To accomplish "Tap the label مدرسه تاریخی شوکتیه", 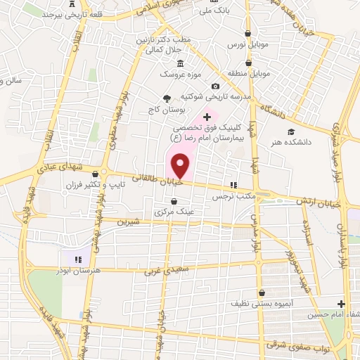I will coord(209,96).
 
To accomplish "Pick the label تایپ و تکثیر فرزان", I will coord(131,185).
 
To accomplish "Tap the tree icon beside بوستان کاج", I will coord(167,98).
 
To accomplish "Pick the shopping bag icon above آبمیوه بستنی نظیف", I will coord(262,293).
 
